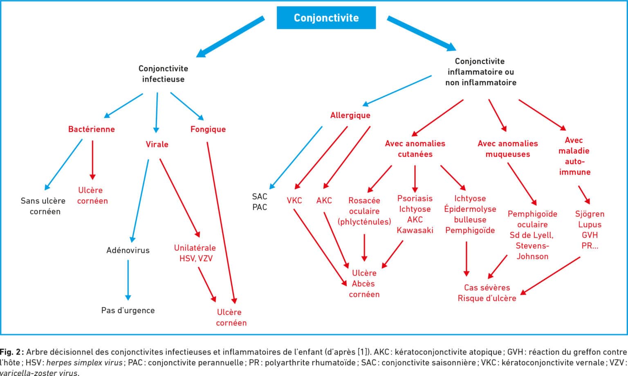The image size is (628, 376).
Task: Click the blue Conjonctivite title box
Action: pos(326,18)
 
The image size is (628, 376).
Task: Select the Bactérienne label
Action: pos(92,129)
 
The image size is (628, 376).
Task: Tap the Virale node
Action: pos(157,144)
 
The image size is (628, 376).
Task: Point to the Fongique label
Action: pos(208,129)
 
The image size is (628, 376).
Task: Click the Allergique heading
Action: pos(350,115)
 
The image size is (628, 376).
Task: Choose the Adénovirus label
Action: pos(128,250)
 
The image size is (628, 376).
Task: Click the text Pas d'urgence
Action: pos(128,310)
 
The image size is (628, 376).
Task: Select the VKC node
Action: pos(294,200)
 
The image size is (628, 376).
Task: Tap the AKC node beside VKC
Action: pos(324,200)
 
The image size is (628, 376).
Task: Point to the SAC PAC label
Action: pos(260,202)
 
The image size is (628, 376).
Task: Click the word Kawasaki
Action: pos(415,230)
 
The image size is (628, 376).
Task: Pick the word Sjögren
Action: pos(590,214)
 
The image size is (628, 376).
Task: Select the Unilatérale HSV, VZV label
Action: pos(195,253)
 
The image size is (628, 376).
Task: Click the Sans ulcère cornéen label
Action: pos(43,206)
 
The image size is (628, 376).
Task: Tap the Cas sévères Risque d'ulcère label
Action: pos(487,293)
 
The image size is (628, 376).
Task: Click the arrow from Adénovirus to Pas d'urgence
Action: pos(128,280)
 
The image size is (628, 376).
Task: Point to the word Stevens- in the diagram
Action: pos(532,246)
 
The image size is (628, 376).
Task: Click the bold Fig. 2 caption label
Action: pos(11,352)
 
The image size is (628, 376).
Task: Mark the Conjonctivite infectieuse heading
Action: pos(163,73)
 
